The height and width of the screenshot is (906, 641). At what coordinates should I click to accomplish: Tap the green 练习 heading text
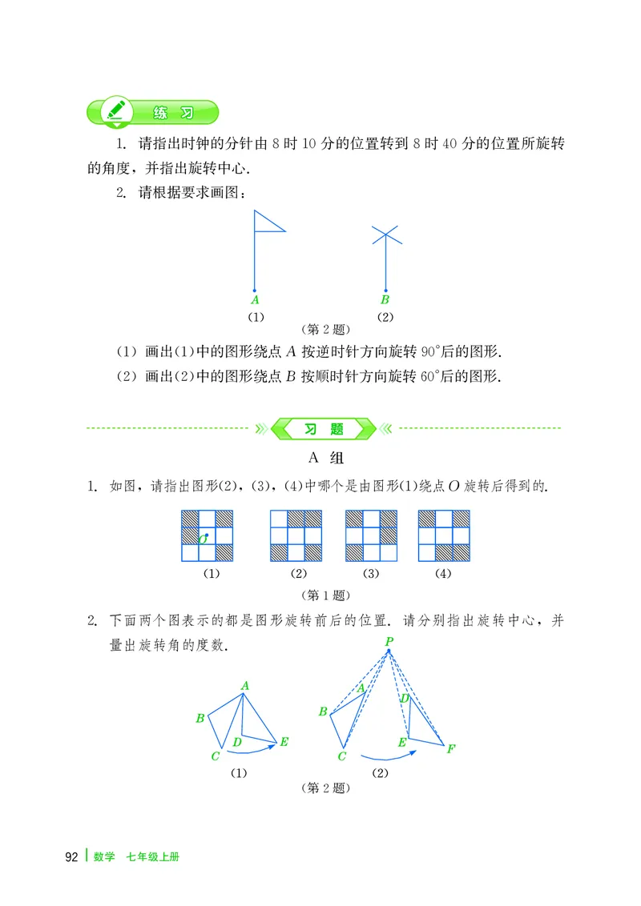click(x=172, y=113)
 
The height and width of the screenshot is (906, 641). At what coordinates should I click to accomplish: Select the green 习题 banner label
click(x=325, y=429)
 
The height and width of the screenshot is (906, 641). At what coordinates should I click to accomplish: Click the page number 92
click(x=71, y=857)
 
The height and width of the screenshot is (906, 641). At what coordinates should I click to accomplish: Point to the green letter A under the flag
click(x=254, y=301)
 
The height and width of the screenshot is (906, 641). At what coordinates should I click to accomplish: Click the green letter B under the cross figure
click(x=385, y=301)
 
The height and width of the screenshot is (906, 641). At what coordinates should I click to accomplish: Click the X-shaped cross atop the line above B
click(x=385, y=234)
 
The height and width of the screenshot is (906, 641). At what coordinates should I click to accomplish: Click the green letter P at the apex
click(x=389, y=641)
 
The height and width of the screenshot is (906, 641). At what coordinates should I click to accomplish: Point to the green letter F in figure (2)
click(x=451, y=749)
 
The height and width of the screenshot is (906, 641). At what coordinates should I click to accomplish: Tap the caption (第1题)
click(x=324, y=595)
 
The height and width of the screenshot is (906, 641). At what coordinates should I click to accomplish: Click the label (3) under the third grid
click(x=370, y=574)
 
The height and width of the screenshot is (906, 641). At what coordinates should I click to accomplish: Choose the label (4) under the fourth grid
click(x=443, y=574)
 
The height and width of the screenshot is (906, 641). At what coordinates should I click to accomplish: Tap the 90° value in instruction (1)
click(x=450, y=352)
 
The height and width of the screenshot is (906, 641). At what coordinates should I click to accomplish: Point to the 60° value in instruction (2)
click(x=450, y=376)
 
